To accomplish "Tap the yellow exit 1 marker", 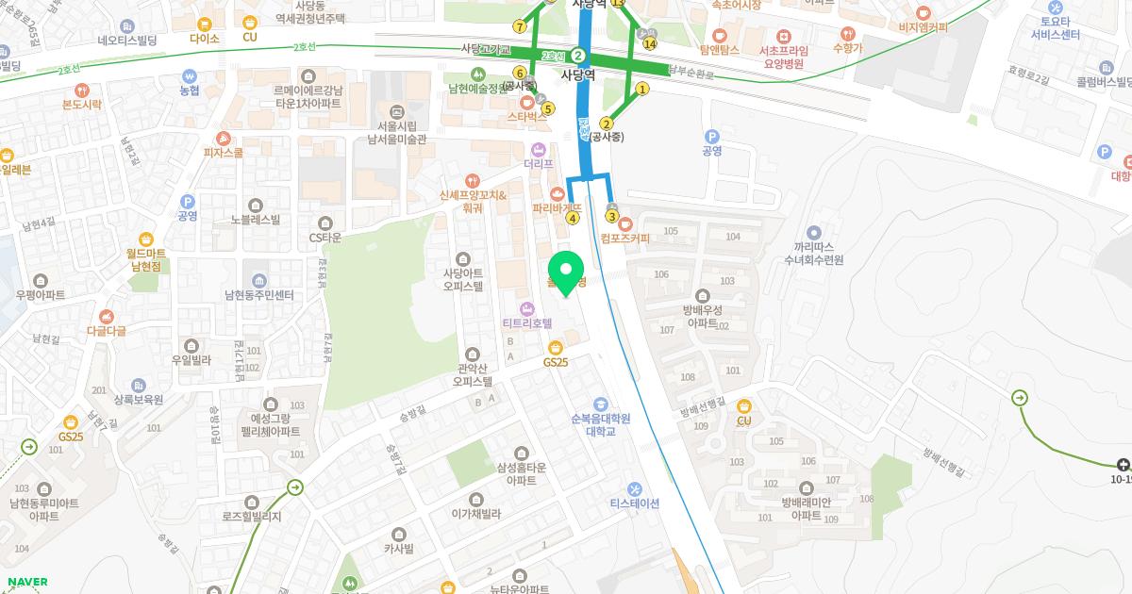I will point(642,90).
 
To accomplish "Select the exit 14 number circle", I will point(649,43).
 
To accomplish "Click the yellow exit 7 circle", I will point(520,26).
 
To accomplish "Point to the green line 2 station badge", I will point(578,56).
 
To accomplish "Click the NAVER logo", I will point(27,582).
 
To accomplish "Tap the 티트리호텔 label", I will point(527,322).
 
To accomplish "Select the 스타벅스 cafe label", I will point(527,116).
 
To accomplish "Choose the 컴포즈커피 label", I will point(624,238).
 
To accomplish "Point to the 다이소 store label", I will point(204,39).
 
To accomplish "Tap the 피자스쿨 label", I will point(223,152).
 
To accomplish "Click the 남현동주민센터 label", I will point(258,294).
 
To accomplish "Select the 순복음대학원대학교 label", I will point(600,424).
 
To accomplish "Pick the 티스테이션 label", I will point(635,503).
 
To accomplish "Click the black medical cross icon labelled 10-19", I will point(1122,464).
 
